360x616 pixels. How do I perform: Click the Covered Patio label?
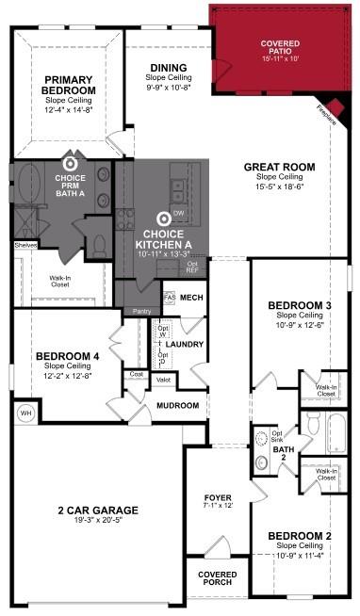280,44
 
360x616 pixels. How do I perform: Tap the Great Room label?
279,168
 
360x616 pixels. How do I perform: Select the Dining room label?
169,68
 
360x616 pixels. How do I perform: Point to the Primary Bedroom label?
67,85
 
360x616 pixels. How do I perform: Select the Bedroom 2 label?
301,536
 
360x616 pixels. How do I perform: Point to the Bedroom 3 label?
301,305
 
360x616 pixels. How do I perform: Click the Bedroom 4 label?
66,357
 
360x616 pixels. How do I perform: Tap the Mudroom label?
178,405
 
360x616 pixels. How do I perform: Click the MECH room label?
192,298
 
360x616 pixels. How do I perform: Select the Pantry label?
142,310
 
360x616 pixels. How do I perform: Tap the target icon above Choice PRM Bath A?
69,162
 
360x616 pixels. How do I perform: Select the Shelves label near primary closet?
25,245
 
